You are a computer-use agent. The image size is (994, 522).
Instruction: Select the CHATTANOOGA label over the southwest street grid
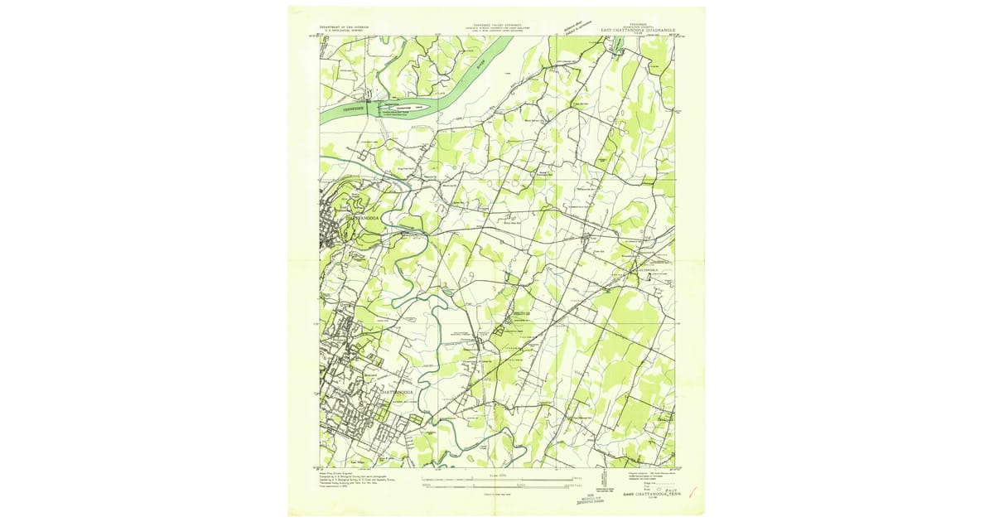tap(396, 392)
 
